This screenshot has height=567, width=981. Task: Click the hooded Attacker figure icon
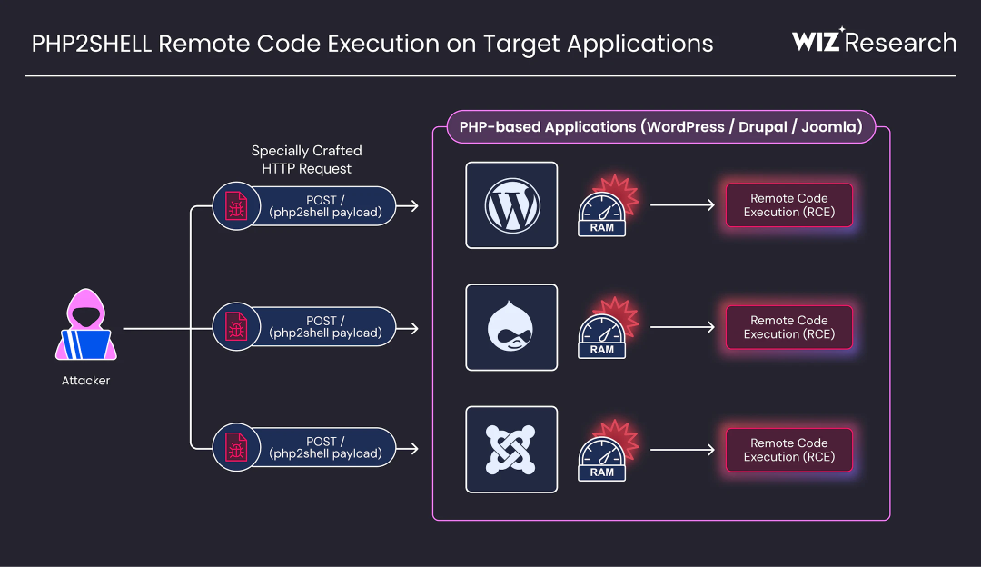click(x=85, y=324)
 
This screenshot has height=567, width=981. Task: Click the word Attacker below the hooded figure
click(x=85, y=381)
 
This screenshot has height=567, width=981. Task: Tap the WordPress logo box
click(x=511, y=205)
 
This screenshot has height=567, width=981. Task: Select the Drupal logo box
click(x=511, y=327)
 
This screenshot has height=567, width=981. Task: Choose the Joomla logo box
click(x=511, y=450)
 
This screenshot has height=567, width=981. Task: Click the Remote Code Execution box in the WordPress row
click(x=789, y=205)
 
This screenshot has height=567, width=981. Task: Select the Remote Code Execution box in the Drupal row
click(x=789, y=327)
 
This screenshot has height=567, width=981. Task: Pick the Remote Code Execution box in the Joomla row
click(x=789, y=450)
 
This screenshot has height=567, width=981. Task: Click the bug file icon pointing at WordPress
click(x=236, y=206)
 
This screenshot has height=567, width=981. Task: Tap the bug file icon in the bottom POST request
click(x=236, y=447)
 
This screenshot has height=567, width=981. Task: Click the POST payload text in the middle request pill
click(x=325, y=327)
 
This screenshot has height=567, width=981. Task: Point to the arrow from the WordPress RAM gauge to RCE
click(x=682, y=204)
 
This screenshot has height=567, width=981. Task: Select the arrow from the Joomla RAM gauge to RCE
click(x=682, y=450)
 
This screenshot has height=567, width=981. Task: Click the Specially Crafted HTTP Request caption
click(x=307, y=160)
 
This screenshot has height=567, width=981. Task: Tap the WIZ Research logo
click(x=874, y=41)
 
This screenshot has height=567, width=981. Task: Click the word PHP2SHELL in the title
click(x=92, y=44)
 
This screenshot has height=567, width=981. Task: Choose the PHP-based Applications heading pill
click(x=660, y=127)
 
